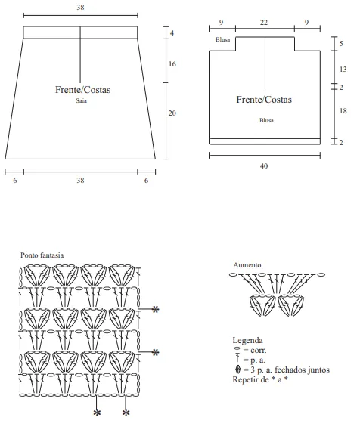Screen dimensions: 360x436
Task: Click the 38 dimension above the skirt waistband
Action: [x=80, y=8]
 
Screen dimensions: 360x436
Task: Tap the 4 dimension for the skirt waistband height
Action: [x=172, y=32]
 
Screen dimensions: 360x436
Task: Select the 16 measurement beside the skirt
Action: [x=172, y=64]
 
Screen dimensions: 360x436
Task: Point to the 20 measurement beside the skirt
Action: [x=172, y=113]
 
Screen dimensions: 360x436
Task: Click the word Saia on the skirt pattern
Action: [x=81, y=100]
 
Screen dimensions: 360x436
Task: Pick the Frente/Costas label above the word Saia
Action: [x=83, y=90]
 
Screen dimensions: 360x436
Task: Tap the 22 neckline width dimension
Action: [x=264, y=22]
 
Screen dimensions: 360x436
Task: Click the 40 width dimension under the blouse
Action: [x=264, y=166]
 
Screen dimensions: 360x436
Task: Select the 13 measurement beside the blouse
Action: [x=343, y=69]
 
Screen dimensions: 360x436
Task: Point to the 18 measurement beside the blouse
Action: [x=343, y=110]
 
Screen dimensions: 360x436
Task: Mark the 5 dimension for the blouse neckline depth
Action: [x=341, y=43]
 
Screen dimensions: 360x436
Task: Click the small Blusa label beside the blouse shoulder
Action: [x=222, y=39]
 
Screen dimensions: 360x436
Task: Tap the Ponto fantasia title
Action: [x=42, y=255]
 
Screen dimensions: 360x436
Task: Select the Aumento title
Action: [x=247, y=265]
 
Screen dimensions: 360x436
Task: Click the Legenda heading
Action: [x=247, y=340]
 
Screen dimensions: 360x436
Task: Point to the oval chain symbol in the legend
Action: [x=237, y=348]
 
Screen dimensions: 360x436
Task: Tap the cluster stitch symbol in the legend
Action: [x=237, y=370]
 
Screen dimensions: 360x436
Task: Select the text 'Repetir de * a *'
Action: [x=260, y=379]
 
